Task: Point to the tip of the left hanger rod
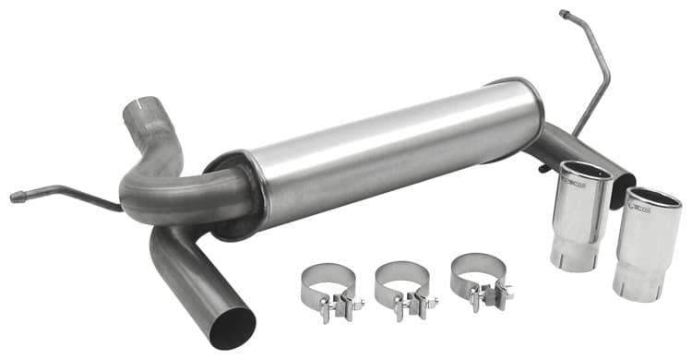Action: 16,196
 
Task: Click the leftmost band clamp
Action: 328,286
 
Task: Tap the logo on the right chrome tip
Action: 641,210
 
